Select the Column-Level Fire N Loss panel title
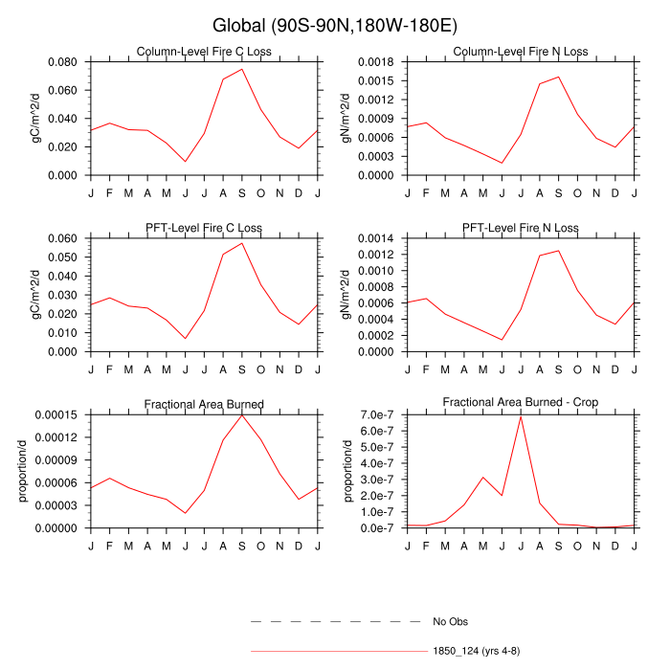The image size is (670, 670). (521, 52)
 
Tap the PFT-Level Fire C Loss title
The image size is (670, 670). (203, 228)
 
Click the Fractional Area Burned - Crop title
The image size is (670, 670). (521, 404)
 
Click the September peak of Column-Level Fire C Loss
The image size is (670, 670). (242, 69)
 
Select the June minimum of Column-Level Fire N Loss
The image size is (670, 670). (502, 163)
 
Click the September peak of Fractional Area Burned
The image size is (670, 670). (242, 414)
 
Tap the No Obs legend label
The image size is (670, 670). (450, 621)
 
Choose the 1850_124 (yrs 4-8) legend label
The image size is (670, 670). (476, 651)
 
